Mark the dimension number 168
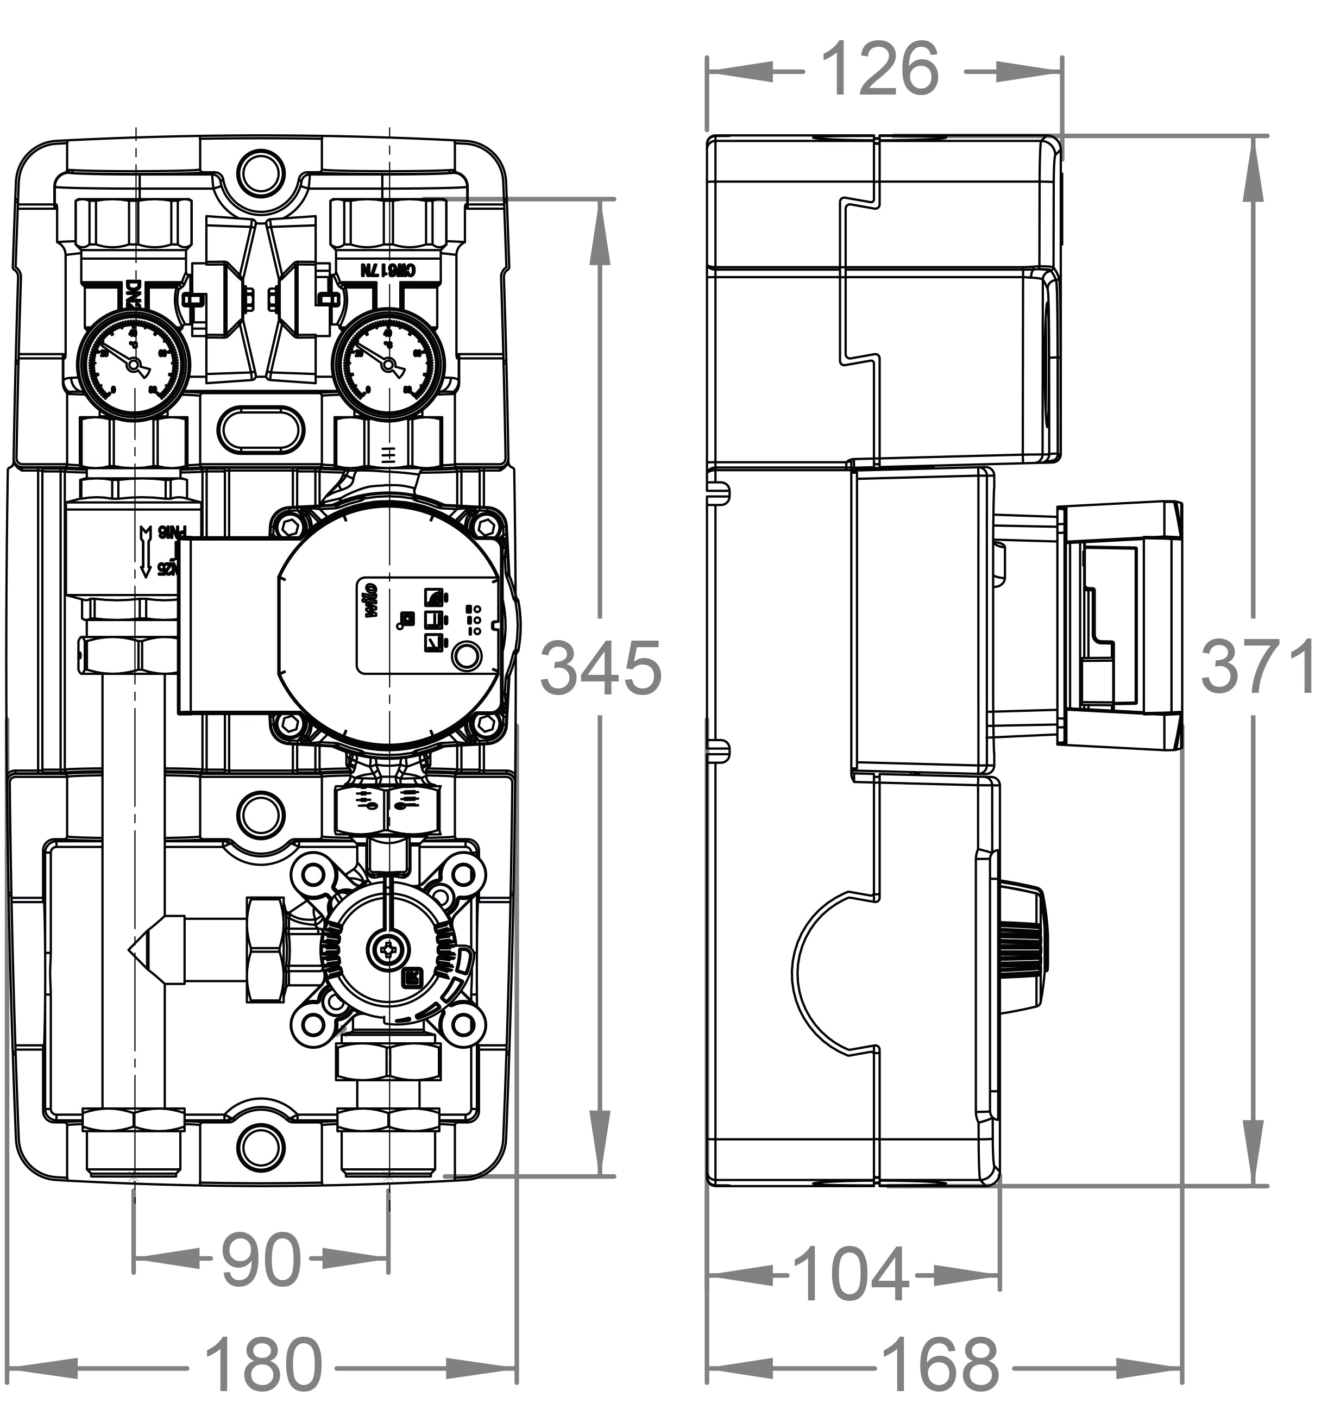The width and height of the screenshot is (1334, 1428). (939, 1364)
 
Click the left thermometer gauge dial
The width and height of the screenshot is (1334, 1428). (133, 365)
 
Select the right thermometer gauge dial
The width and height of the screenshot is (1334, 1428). (388, 365)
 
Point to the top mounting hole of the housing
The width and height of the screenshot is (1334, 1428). (261, 172)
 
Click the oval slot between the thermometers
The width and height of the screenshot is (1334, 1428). (261, 430)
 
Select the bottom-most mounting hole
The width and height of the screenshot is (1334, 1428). (261, 1147)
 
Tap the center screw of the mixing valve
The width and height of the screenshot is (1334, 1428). (388, 950)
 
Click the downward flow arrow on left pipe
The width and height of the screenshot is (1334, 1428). (146, 552)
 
